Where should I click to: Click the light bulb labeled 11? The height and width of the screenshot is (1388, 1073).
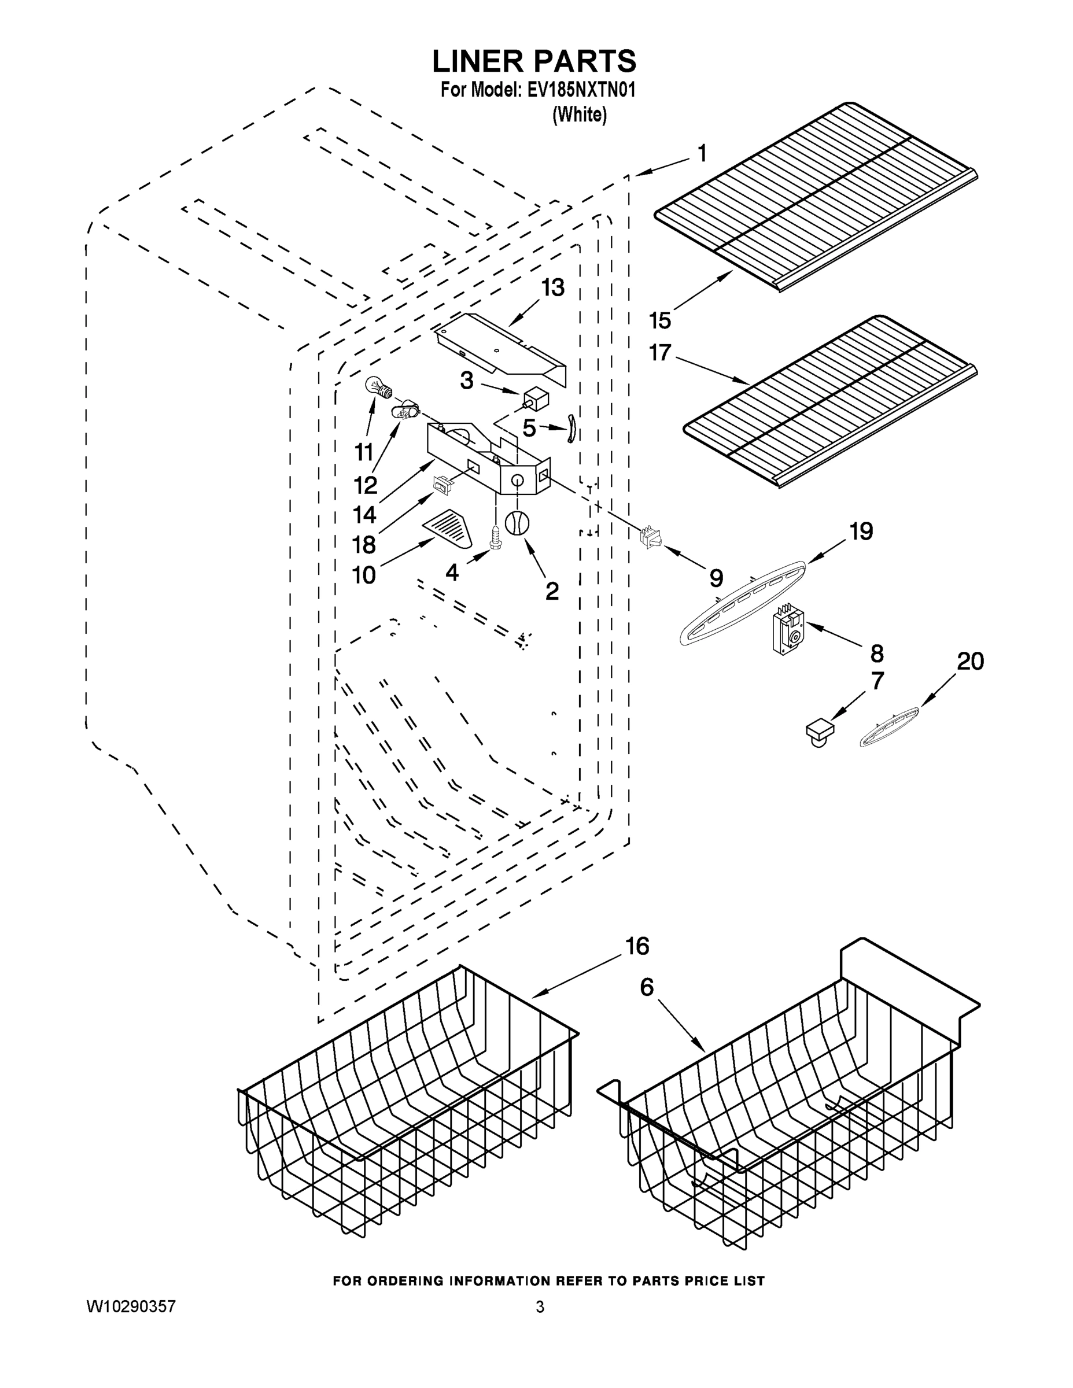coord(378,387)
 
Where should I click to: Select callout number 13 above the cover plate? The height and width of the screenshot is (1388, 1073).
coord(552,288)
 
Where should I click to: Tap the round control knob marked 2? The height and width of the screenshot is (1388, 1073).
coord(517,523)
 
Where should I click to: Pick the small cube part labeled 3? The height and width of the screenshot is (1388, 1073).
coord(535,399)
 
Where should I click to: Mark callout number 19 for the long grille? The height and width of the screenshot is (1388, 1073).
coord(861,531)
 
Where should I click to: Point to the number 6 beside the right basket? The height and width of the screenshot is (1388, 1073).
coord(647,987)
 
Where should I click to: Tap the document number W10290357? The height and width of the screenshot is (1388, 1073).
coord(130,1306)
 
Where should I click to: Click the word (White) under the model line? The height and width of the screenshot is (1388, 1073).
coord(580,115)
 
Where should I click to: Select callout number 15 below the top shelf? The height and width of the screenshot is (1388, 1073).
coord(660,320)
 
